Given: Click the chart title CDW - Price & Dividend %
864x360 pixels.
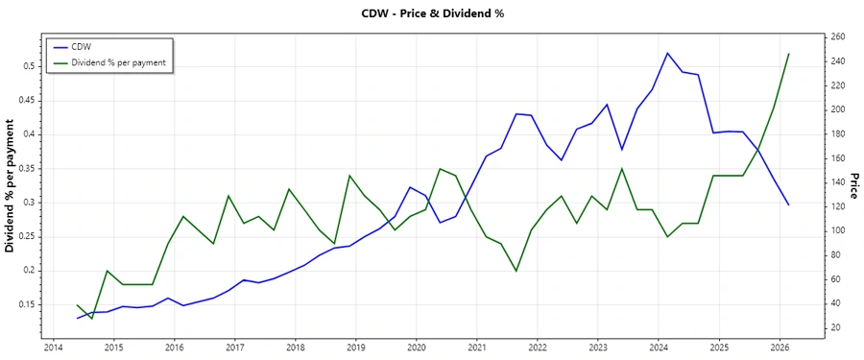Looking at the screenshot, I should [x=431, y=13].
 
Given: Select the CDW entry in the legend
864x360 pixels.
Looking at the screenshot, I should [x=81, y=46].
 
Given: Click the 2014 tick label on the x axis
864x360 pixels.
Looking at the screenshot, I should [x=53, y=348].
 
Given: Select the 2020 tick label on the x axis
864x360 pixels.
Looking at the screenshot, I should [x=417, y=348].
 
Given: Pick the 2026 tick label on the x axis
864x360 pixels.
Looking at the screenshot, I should [x=780, y=348].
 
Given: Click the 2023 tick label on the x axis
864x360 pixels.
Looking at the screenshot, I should [x=598, y=348].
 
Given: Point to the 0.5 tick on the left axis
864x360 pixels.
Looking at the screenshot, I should [x=27, y=66].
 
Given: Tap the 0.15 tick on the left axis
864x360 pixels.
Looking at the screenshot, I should [x=24, y=304].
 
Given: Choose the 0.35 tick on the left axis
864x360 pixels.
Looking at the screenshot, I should [x=24, y=168].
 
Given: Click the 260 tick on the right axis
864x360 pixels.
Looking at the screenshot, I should [x=837, y=36].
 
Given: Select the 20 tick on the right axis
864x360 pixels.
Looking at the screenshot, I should [x=835, y=327].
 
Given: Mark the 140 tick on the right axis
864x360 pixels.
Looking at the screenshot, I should [x=837, y=182].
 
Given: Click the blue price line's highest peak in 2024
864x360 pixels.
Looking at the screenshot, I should [x=667, y=53].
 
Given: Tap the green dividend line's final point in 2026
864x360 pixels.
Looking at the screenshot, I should [x=788, y=54].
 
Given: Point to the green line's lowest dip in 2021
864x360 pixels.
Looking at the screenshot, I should [x=516, y=271].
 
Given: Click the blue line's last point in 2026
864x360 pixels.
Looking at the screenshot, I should [x=788, y=204].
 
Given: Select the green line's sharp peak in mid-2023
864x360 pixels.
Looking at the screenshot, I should [x=622, y=169].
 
